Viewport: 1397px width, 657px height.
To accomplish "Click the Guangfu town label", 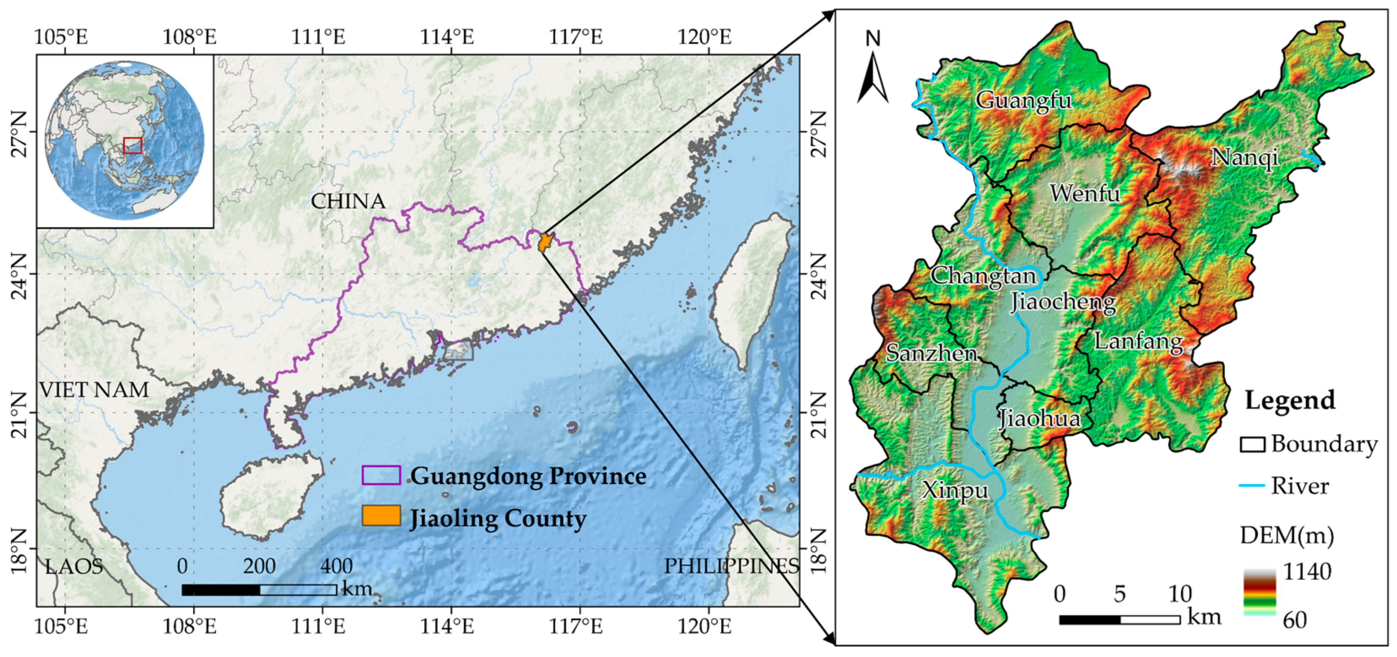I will (x=1023, y=100).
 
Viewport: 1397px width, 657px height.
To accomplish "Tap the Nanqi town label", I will (x=1245, y=157).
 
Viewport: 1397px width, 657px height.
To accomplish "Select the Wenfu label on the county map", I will (x=1084, y=194).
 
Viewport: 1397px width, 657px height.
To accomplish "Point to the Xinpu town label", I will (x=955, y=490).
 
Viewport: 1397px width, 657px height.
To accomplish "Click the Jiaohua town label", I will (x=1039, y=418).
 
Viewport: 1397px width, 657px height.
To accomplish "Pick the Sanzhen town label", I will (x=932, y=354).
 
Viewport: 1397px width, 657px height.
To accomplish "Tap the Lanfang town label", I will (x=1138, y=341).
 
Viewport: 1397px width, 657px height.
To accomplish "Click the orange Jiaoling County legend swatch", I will (x=381, y=516).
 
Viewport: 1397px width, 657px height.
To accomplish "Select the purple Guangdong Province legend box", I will (x=381, y=475).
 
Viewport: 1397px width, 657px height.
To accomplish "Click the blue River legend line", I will (x=1251, y=486).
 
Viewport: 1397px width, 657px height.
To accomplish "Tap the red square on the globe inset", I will (x=132, y=146).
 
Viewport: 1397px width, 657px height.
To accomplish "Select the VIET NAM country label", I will (x=94, y=389).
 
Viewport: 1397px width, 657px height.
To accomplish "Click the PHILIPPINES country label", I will (x=731, y=566).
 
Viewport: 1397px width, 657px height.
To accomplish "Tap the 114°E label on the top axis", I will (x=447, y=37).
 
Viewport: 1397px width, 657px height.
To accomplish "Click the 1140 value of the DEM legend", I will (x=1307, y=571).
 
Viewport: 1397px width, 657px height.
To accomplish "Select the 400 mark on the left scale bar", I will (x=336, y=566).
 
